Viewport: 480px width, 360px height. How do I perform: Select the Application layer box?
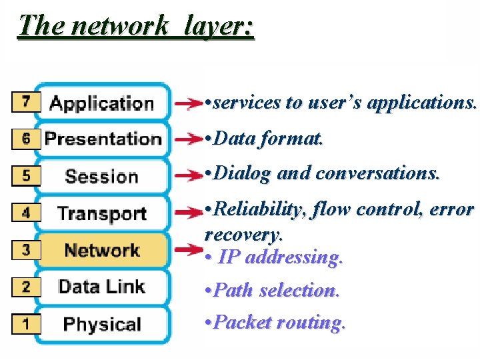tap(102, 103)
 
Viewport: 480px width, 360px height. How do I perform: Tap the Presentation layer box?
tap(102, 139)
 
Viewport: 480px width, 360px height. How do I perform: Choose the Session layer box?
tap(102, 177)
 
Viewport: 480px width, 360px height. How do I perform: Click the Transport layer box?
tap(102, 213)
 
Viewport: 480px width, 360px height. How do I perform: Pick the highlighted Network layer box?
tap(102, 251)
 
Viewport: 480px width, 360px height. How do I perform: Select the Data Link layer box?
tap(102, 287)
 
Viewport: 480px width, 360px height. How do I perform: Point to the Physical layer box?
tap(102, 325)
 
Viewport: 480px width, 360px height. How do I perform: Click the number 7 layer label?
tap(26, 102)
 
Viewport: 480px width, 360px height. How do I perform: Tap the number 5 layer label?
tap(26, 176)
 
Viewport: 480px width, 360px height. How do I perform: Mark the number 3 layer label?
tap(26, 251)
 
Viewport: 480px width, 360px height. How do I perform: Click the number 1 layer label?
tap(26, 325)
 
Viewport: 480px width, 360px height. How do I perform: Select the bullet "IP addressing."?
tap(275, 257)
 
